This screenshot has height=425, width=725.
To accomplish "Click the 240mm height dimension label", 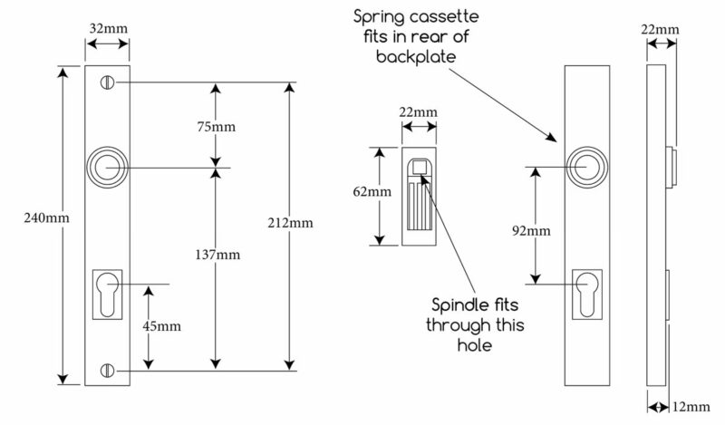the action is click(x=47, y=217).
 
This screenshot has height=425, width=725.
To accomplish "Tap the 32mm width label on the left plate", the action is click(x=108, y=28).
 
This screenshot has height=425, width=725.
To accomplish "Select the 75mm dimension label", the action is click(x=216, y=126).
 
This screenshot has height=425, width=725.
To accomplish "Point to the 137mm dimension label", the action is click(x=217, y=255).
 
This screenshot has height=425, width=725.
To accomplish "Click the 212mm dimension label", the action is click(x=290, y=223).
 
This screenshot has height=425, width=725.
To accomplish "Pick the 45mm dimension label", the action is click(x=161, y=326).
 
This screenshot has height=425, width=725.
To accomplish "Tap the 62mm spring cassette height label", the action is click(x=372, y=191).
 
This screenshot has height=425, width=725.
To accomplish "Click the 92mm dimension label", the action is click(x=531, y=230).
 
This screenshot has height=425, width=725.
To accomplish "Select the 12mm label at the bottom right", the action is click(x=691, y=407).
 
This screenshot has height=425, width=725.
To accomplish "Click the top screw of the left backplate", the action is click(x=107, y=82).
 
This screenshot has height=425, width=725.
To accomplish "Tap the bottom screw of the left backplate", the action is click(x=107, y=370).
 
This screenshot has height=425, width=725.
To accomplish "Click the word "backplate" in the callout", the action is click(x=416, y=57).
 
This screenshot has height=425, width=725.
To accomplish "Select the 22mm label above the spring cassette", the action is click(x=419, y=112).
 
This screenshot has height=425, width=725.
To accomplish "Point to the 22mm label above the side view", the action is click(x=661, y=30).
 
